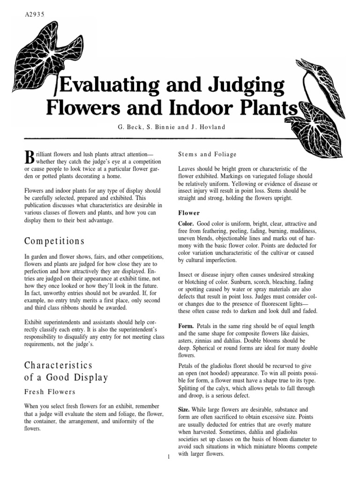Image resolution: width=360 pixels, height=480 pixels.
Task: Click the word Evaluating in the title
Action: (x=106, y=87)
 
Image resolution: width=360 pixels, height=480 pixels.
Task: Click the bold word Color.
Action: (x=187, y=224)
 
